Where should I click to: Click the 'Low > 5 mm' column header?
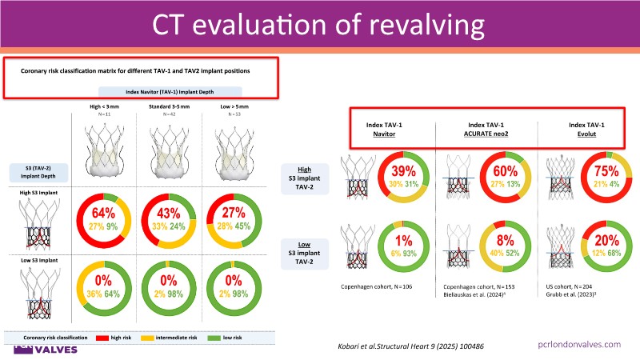[x=230, y=106]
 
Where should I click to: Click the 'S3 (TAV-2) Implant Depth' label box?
[x=30, y=170]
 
